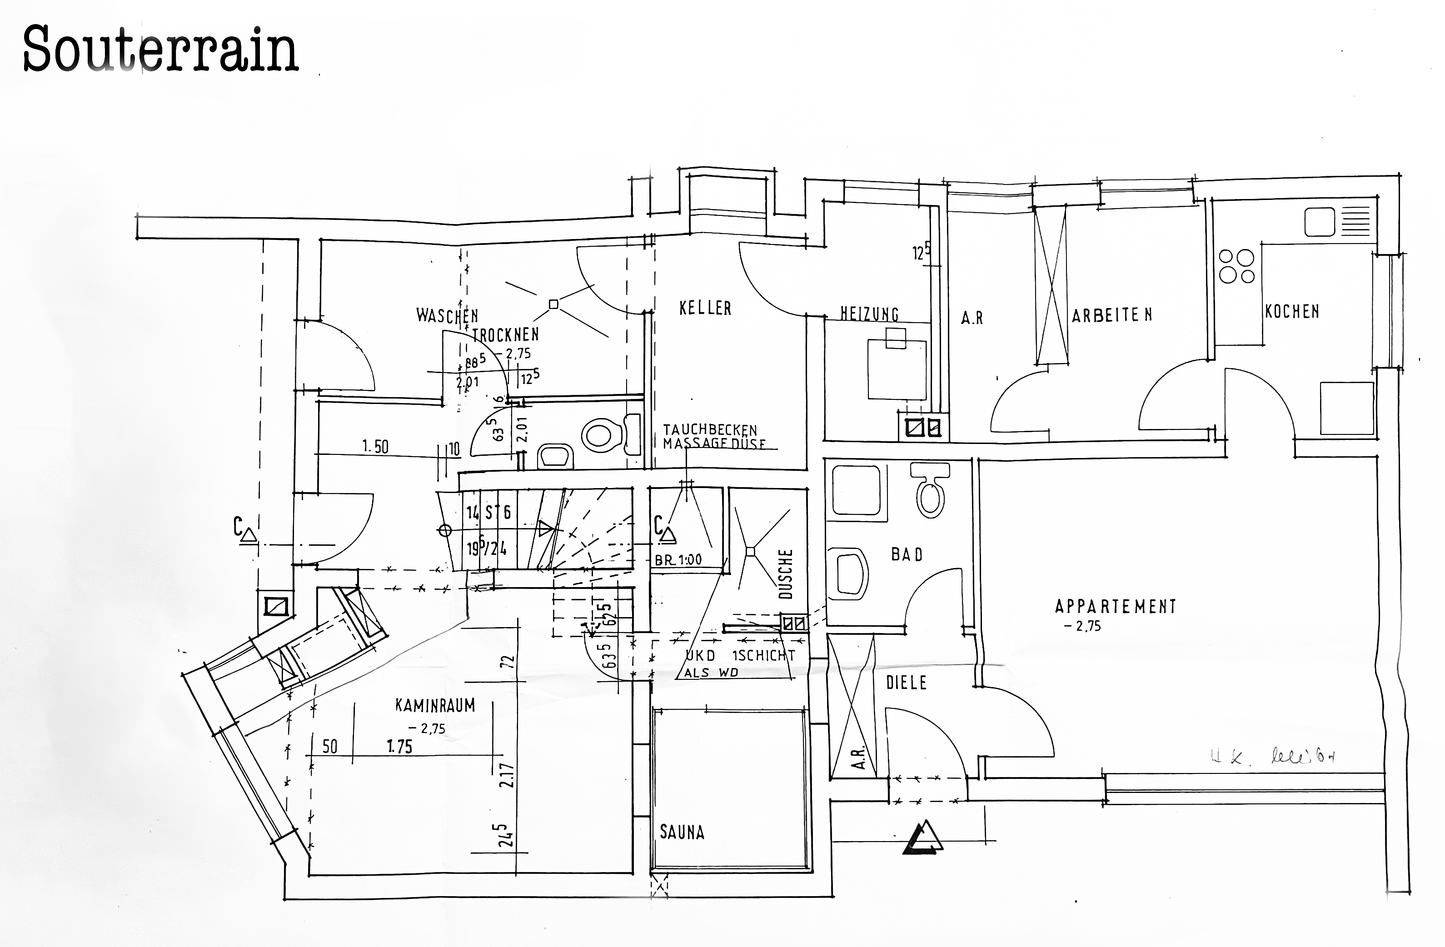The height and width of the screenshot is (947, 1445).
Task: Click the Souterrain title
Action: [160, 50]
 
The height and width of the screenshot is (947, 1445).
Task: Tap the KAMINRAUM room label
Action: [435, 705]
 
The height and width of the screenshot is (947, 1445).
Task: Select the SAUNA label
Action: [682, 832]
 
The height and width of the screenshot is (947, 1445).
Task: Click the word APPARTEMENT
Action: [1115, 607]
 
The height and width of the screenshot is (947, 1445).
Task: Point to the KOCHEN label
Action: [1292, 312]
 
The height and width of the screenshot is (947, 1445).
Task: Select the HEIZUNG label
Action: [869, 314]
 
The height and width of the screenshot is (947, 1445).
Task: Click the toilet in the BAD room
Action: [930, 489]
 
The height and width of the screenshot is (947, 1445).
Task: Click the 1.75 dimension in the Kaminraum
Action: [399, 747]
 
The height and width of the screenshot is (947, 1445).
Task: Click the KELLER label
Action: [705, 309]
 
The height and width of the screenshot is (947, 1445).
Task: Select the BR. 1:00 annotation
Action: [678, 560]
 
